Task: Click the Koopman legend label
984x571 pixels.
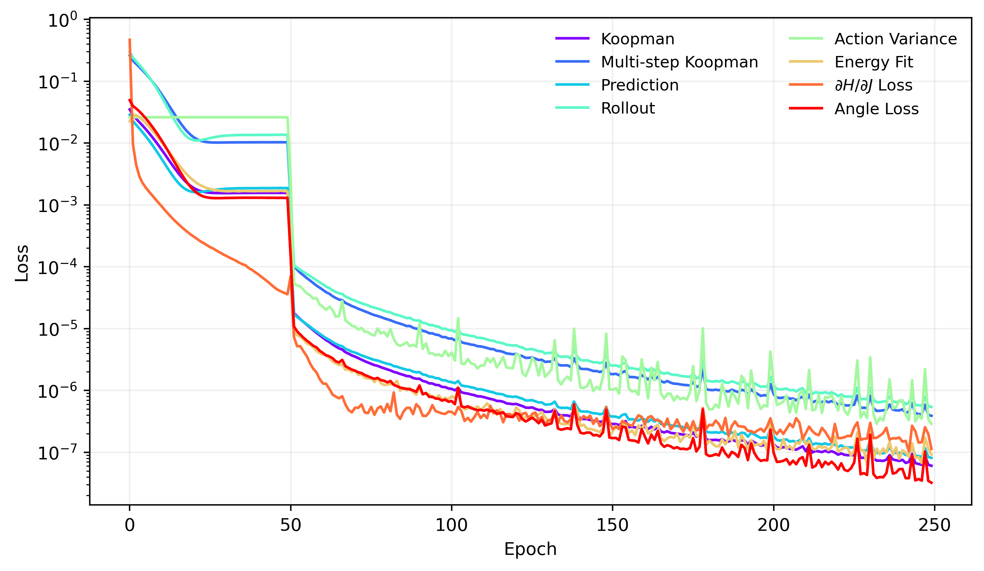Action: pos(637,39)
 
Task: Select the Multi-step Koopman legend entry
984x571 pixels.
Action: pos(679,62)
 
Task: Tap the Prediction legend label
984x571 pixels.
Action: pos(639,85)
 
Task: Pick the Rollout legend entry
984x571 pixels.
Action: pos(627,108)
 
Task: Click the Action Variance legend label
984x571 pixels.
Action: pos(895,39)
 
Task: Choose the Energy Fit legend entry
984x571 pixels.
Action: pos(873,62)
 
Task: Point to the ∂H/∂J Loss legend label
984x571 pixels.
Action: pos(873,85)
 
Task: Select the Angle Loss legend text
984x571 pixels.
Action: pos(876,109)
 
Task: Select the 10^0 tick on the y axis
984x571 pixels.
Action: pos(63,20)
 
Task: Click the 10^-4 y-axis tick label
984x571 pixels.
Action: pos(63,268)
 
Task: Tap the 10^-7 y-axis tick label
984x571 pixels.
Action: pos(63,453)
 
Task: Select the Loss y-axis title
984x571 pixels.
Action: pos(22,263)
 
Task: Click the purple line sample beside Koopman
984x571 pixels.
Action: pos(572,38)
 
